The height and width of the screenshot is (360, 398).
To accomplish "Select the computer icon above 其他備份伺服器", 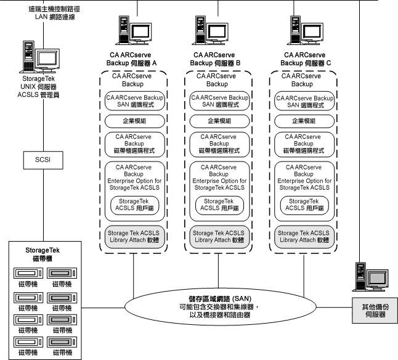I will pyautogui.click(x=370, y=279).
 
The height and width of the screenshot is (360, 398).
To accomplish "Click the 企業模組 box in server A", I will pyautogui.click(x=135, y=121).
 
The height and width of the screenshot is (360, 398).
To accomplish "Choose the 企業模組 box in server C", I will pyautogui.click(x=304, y=121).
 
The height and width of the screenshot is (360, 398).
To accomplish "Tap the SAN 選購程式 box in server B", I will pyautogui.click(x=219, y=102).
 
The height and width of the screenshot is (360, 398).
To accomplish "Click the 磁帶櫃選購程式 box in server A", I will pyautogui.click(x=135, y=144).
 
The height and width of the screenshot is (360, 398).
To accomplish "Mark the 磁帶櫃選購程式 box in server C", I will pyautogui.click(x=304, y=144).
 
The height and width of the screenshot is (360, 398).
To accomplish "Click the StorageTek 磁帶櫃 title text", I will pyautogui.click(x=43, y=254).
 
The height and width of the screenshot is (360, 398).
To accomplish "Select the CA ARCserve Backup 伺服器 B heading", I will pyautogui.click(x=219, y=59).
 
